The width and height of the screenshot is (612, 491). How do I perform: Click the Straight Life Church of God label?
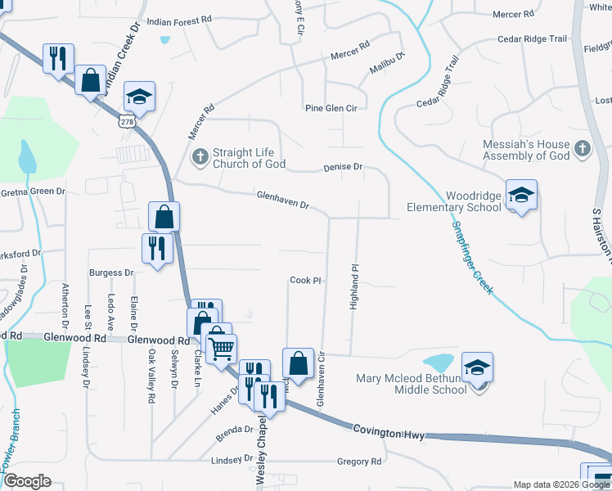(x=249, y=158)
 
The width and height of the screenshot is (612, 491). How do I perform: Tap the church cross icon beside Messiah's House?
(x=582, y=148)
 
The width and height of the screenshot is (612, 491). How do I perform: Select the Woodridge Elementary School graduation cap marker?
(x=521, y=195)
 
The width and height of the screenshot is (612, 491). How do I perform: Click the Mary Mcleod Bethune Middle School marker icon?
(x=477, y=367)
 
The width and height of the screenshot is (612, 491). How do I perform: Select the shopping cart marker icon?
(x=221, y=349)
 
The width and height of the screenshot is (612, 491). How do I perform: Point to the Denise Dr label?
(x=342, y=166)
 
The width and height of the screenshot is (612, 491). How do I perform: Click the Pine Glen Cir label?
(x=331, y=108)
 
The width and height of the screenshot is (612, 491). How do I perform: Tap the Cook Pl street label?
(x=304, y=280)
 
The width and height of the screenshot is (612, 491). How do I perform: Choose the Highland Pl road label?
(x=355, y=286)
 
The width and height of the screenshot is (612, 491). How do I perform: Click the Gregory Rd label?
(x=359, y=462)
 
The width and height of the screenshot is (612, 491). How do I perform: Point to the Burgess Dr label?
(x=112, y=272)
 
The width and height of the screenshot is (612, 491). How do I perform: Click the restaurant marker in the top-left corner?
(x=57, y=58)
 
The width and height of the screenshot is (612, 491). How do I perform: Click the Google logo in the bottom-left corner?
(x=28, y=481)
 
